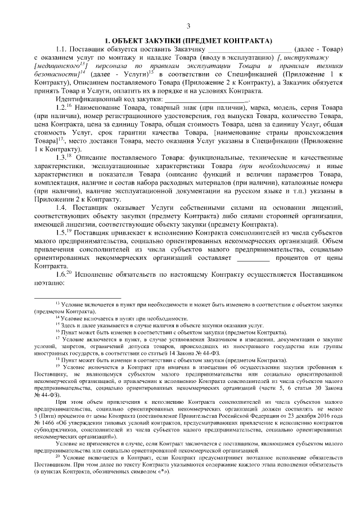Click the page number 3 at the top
click(188, 26)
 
